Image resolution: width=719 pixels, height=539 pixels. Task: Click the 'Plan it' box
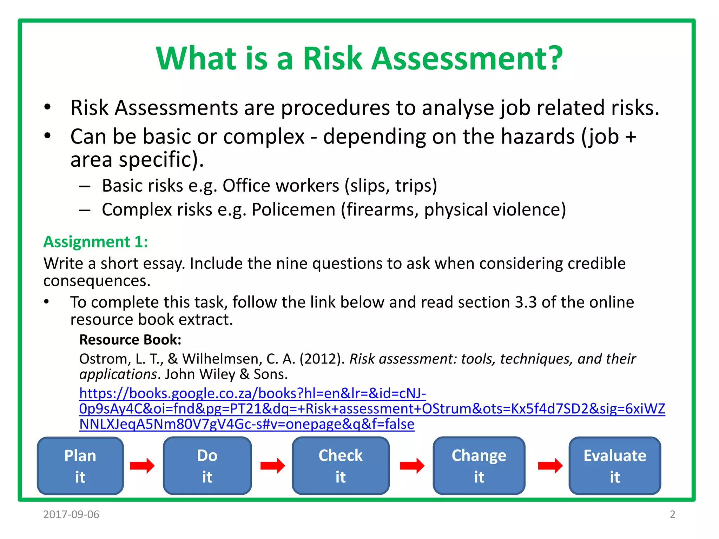pyautogui.click(x=80, y=466)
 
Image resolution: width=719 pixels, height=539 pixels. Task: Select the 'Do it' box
pyautogui.click(x=207, y=466)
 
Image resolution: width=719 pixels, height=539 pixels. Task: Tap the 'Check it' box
pyautogui.click(x=341, y=466)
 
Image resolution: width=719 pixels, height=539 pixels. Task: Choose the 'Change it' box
pyautogui.click(x=479, y=466)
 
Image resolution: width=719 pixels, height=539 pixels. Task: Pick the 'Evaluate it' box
pyautogui.click(x=615, y=466)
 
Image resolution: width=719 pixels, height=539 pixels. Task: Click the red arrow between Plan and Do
pyautogui.click(x=142, y=466)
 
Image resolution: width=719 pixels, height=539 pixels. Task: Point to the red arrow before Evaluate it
pyautogui.click(x=550, y=466)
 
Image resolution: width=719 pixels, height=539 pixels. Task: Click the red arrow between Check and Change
pyautogui.click(x=412, y=466)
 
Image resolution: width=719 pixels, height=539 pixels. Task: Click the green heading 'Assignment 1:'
pyautogui.click(x=95, y=242)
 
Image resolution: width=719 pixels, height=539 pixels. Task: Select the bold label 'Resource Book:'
pyautogui.click(x=130, y=340)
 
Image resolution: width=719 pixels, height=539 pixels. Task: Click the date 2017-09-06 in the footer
pyautogui.click(x=71, y=514)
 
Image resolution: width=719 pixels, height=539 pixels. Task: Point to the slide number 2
pyautogui.click(x=672, y=514)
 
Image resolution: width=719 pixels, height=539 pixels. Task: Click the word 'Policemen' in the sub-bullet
pyautogui.click(x=293, y=210)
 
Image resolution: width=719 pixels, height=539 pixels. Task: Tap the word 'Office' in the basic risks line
pyautogui.click(x=246, y=186)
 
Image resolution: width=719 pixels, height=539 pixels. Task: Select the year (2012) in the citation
pyautogui.click(x=322, y=359)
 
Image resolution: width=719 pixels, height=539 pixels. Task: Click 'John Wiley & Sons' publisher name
pyautogui.click(x=226, y=374)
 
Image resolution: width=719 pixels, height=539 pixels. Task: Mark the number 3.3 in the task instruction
pyautogui.click(x=525, y=302)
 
